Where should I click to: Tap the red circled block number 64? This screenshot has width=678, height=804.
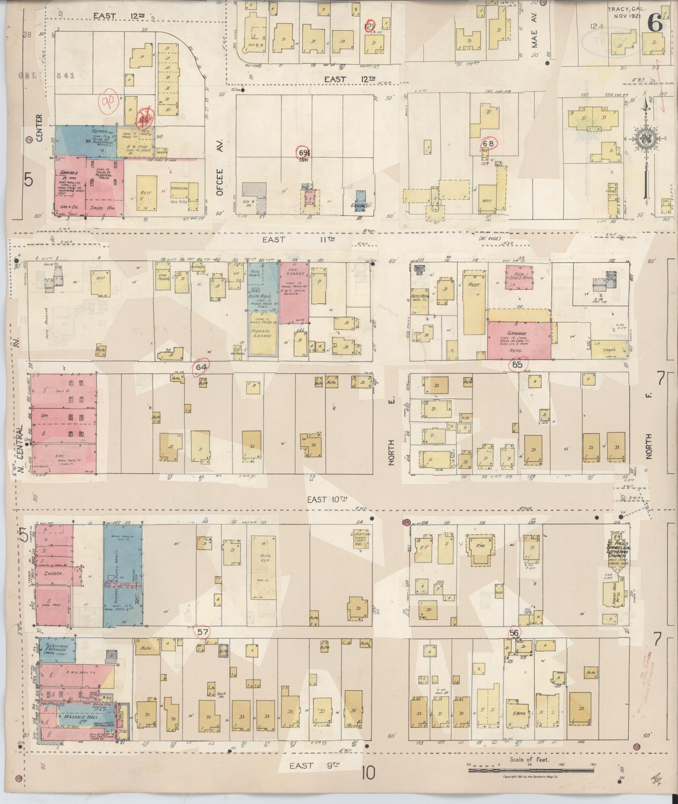tap(201, 367)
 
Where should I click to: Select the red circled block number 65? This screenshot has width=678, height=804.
tap(517, 365)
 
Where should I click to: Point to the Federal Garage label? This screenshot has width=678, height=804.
tap(263, 334)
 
